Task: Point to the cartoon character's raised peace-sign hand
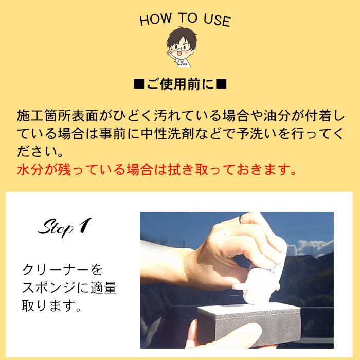(171, 55)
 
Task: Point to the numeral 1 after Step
(85, 225)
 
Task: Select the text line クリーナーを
(63, 269)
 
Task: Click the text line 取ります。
(51, 306)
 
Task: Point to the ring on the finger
(242, 221)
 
